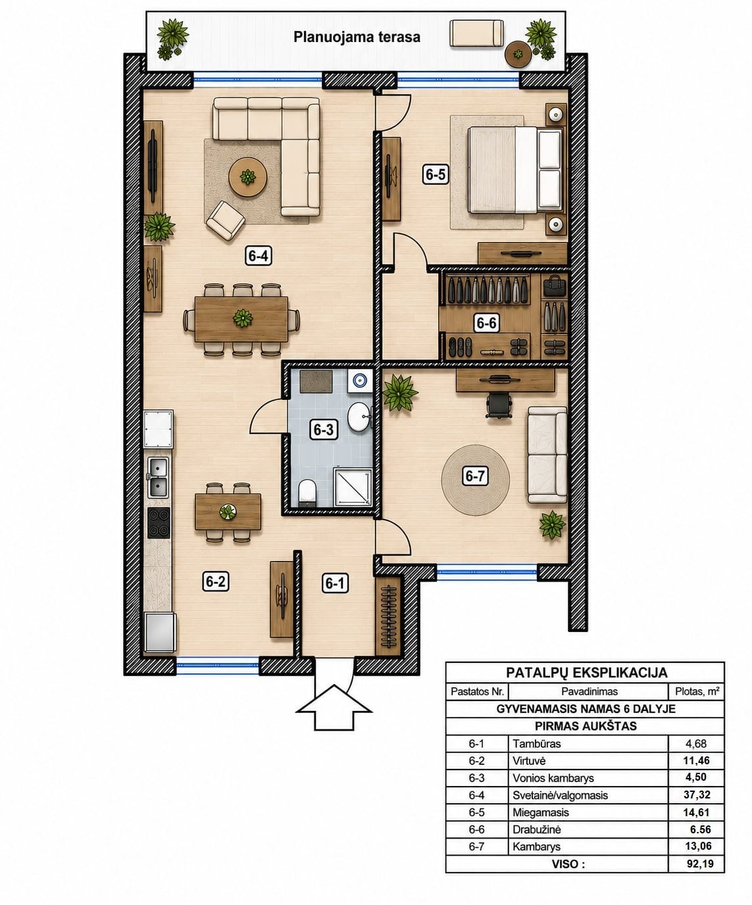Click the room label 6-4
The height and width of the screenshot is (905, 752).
point(258,256)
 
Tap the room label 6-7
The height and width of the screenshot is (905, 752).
point(475,476)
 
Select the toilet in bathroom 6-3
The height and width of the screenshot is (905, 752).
point(308,493)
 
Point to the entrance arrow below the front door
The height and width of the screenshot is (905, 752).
point(334,707)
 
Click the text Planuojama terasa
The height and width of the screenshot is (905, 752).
point(357,37)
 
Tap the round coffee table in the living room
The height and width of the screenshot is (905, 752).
point(247,177)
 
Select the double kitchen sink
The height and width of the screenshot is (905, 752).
point(159,477)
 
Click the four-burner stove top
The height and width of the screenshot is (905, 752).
point(159,523)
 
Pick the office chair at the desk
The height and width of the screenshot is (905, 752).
point(499,405)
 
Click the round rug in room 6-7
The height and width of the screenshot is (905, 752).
point(475,480)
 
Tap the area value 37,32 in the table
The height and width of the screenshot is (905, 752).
point(696,795)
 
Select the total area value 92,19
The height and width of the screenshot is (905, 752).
point(700,864)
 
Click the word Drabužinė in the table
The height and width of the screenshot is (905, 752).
point(536,829)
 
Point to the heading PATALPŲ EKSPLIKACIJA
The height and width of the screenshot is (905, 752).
point(586,673)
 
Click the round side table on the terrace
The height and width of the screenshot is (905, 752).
point(518,54)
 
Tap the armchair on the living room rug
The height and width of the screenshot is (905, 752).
point(226,220)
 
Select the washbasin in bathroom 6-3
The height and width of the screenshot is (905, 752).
point(359,416)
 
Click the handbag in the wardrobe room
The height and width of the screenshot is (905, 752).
point(555,285)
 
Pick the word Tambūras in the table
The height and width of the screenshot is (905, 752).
point(536,744)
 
